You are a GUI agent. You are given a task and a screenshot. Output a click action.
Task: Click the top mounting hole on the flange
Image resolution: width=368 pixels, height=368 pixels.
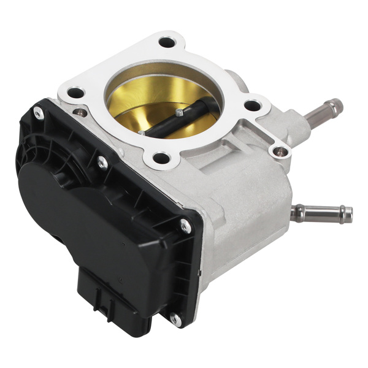[x=167, y=43]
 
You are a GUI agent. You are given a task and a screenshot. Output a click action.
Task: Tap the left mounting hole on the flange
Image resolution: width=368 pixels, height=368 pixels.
[x=75, y=94]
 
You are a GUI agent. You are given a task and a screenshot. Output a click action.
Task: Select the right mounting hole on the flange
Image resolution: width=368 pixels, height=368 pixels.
[x=252, y=105]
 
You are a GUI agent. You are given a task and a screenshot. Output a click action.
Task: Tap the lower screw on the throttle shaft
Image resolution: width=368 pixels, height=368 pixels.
[x=142, y=131]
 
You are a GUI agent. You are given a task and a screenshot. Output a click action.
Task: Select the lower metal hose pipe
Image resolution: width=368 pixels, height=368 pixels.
[x=322, y=213]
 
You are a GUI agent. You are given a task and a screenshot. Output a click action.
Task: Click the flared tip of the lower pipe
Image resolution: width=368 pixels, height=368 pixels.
[x=347, y=214]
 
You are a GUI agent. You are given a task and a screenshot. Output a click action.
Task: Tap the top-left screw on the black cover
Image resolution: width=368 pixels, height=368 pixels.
[x=38, y=112]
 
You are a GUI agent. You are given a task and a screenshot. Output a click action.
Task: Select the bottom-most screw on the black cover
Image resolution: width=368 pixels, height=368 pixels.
[x=176, y=320]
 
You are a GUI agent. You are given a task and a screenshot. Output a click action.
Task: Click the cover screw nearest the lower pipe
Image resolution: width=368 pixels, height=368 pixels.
[x=185, y=226]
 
